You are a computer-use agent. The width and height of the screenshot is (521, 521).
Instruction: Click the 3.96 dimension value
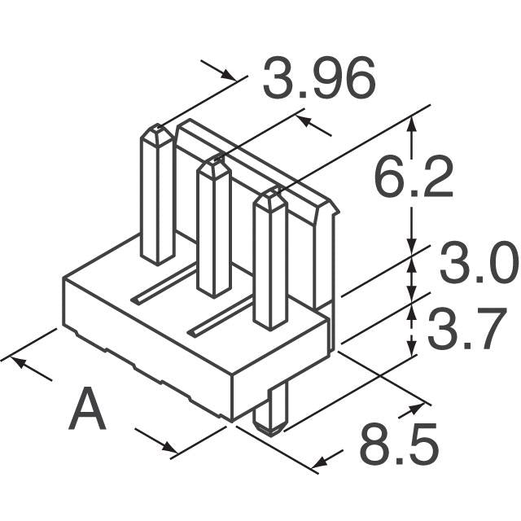[318, 80]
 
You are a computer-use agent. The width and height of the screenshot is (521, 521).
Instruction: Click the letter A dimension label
[87, 410]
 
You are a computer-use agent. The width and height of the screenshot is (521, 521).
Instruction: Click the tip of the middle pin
[213, 164]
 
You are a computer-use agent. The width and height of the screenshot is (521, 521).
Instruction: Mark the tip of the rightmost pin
[269, 196]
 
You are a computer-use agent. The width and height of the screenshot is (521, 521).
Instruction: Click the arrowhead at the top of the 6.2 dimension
[412, 122]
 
